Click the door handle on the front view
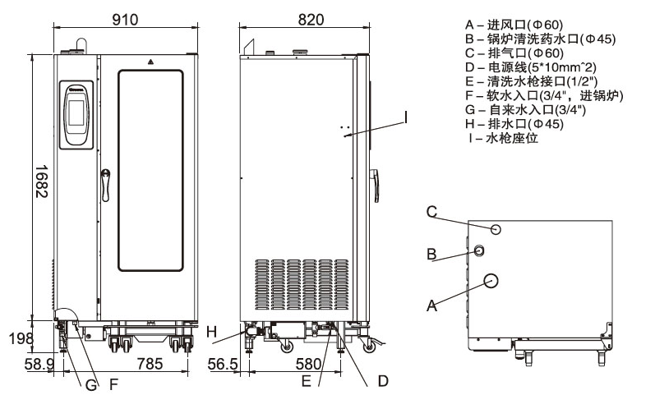tap(105, 184)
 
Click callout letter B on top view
tap(431, 255)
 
